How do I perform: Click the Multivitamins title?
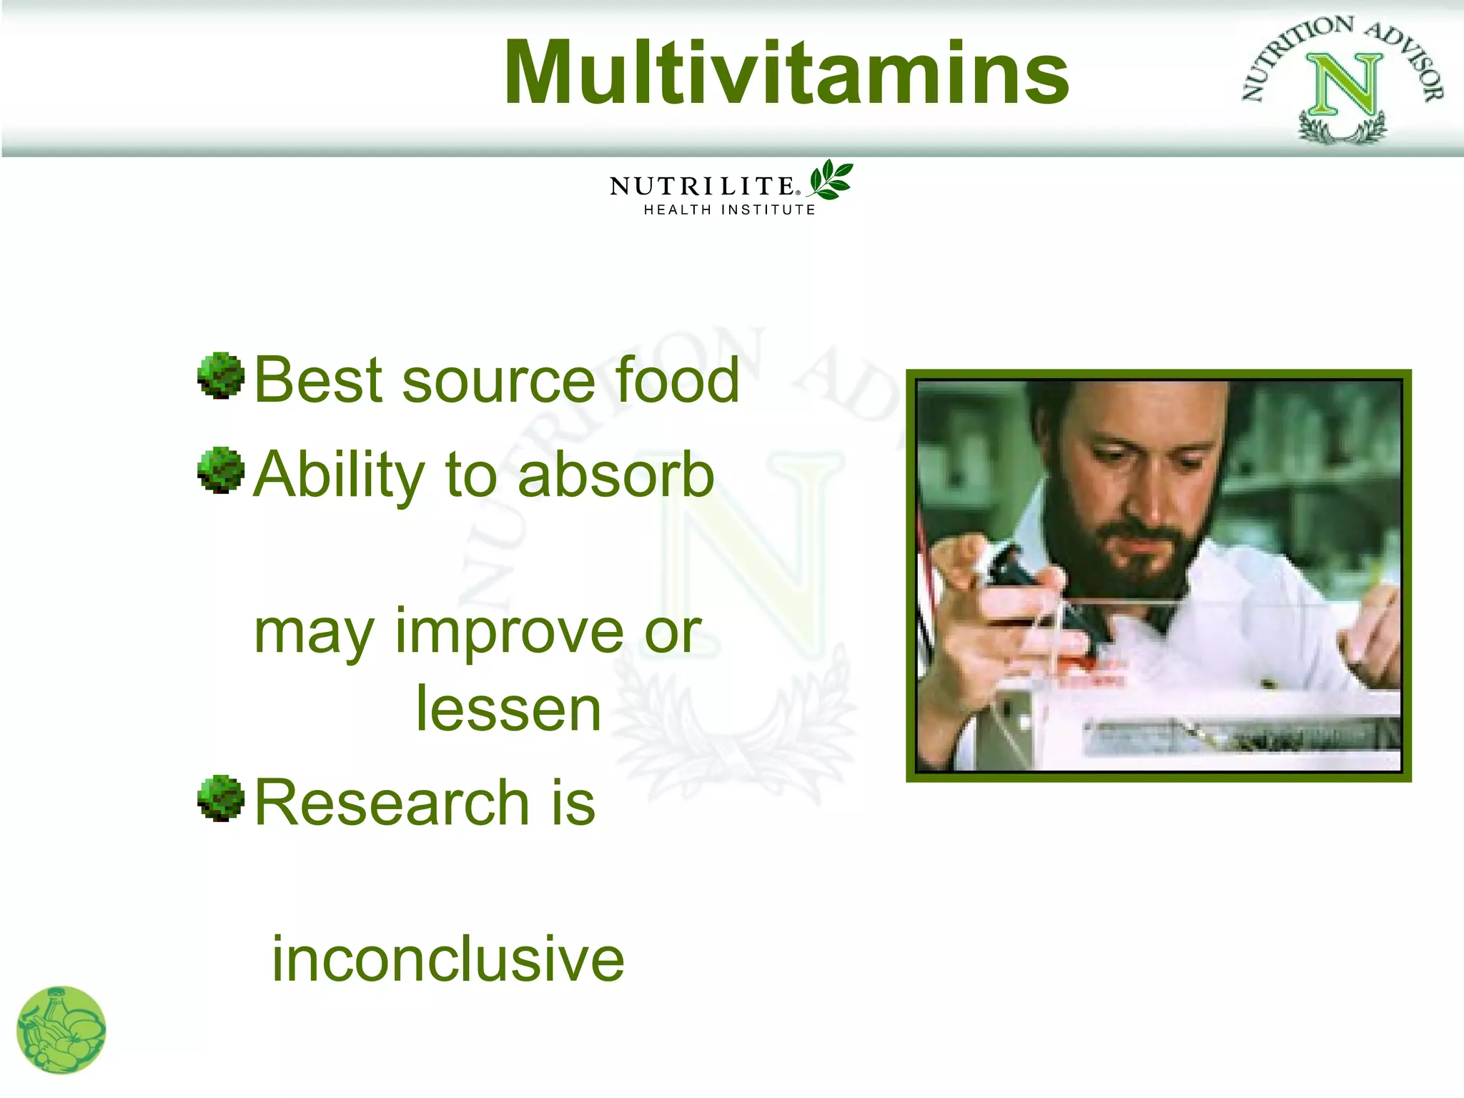coord(786,74)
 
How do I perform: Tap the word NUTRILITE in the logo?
coord(702,187)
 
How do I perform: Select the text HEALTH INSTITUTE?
coord(729,209)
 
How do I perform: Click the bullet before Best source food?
coord(221,375)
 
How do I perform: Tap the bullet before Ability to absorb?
coord(221,470)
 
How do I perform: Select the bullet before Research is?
coord(221,798)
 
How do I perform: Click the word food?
coord(677,380)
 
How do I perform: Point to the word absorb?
coord(615,475)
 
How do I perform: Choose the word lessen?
coord(508,709)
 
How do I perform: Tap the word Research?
coord(392,803)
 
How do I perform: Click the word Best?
coord(319,380)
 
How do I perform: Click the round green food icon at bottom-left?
coord(61,1030)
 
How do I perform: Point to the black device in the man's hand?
coord(1015,572)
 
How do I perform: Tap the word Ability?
coord(340,475)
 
